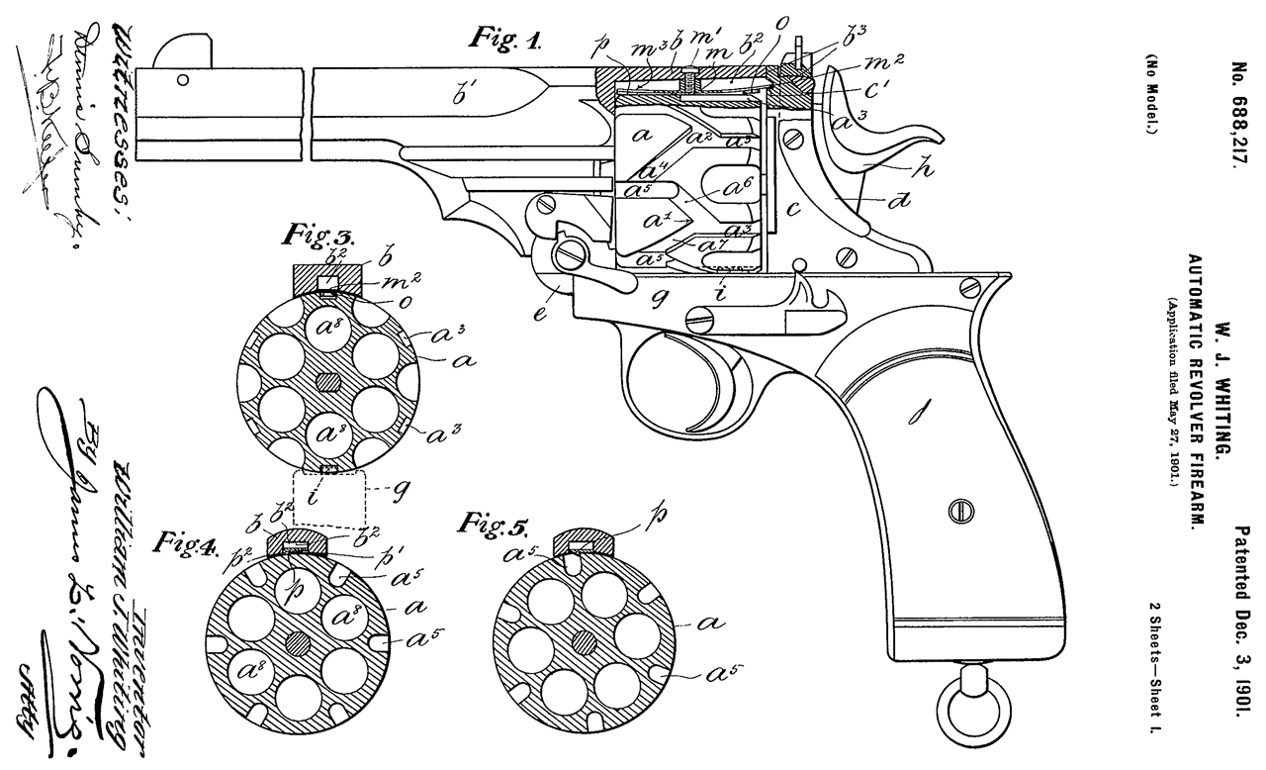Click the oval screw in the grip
coord(955,512)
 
